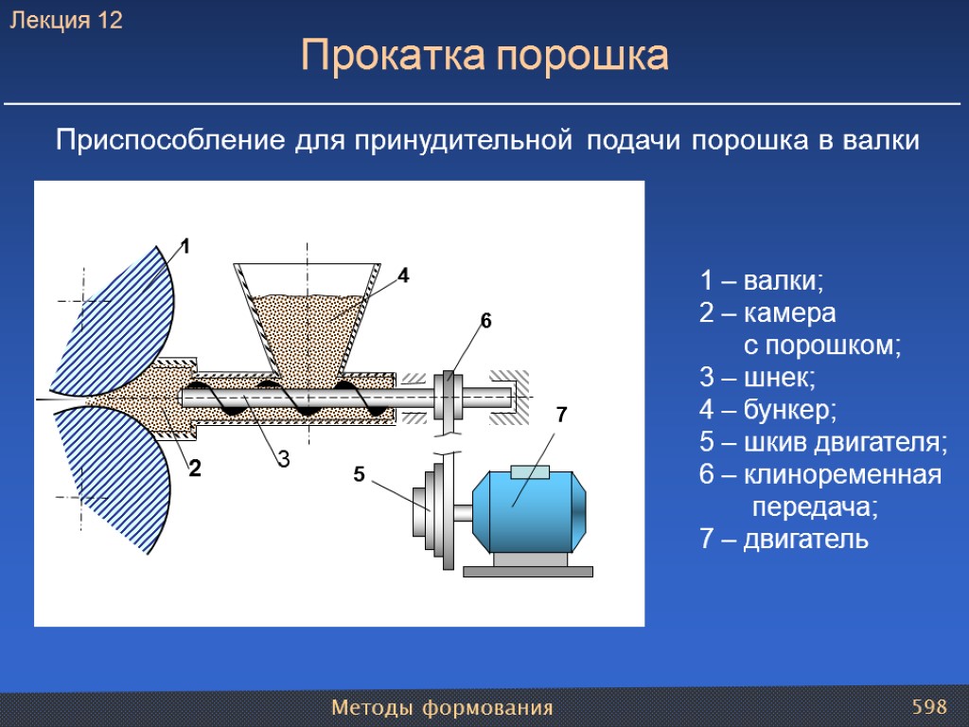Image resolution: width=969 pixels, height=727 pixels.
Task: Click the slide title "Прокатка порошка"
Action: [x=484, y=57]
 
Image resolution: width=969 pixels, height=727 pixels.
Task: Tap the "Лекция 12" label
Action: [x=66, y=21]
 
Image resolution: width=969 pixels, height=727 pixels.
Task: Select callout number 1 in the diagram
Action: [x=185, y=247]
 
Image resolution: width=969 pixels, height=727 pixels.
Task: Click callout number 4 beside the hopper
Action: [x=403, y=276]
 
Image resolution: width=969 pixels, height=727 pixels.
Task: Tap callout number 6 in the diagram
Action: [x=485, y=321]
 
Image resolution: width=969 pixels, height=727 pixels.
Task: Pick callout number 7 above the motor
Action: [x=561, y=415]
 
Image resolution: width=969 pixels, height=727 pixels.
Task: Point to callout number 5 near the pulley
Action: [x=359, y=474]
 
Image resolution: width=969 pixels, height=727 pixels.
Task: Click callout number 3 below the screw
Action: [x=282, y=460]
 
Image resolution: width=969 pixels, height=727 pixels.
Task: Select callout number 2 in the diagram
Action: [x=195, y=469]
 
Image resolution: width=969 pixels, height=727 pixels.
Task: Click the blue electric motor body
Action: [x=526, y=511]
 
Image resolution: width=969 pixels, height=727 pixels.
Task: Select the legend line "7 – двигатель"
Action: [x=784, y=540]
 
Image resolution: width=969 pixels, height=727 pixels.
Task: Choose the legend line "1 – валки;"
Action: [x=763, y=281]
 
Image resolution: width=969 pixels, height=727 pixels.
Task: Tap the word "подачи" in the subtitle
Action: [x=634, y=141]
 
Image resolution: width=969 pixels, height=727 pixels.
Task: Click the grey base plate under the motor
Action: [x=528, y=571]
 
